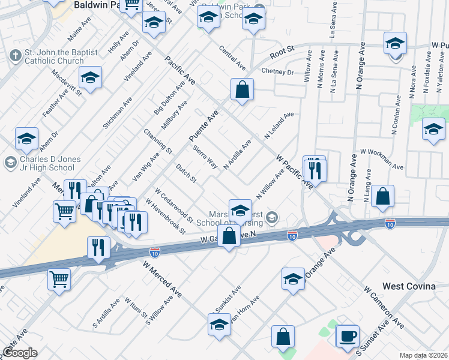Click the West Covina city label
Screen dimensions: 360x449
coord(409,286)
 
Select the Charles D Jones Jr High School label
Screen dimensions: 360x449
coord(54,161)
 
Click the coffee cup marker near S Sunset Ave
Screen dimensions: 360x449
coord(348,336)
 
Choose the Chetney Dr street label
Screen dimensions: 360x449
coord(277,72)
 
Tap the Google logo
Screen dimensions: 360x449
coord(20,352)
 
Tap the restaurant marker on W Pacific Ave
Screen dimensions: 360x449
coord(315,170)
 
